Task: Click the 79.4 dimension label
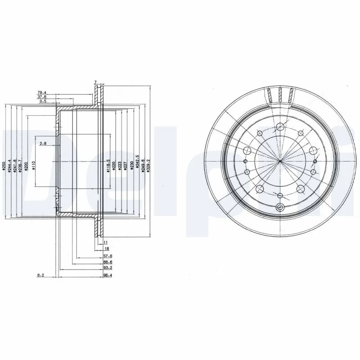[x=42, y=93]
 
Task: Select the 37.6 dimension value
[x=42, y=97]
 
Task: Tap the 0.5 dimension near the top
[x=43, y=102]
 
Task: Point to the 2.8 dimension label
[x=43, y=144]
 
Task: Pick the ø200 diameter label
[x=26, y=166]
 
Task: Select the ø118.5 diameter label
[x=108, y=165]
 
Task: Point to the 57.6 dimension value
[x=107, y=256]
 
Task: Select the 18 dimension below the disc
[x=107, y=248]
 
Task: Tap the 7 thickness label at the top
[x=96, y=82]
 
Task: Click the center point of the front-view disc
[x=280, y=162]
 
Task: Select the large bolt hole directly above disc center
[x=280, y=127]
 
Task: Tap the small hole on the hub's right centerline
[x=315, y=162]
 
